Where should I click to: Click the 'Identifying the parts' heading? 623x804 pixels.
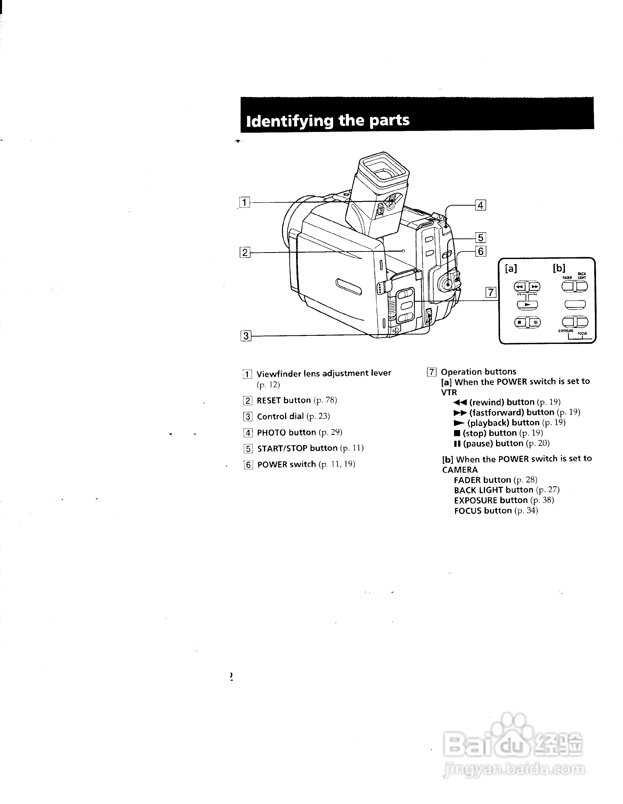tap(328, 120)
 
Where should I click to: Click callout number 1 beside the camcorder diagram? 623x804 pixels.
tap(244, 203)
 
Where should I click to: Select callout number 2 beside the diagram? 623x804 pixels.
tap(245, 253)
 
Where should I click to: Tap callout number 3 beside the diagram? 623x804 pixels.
tap(246, 336)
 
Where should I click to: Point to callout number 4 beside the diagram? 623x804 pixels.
tap(480, 205)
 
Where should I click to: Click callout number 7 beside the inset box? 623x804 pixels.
tap(491, 292)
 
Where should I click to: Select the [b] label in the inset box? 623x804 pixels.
tap(559, 268)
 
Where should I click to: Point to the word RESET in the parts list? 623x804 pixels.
tap(269, 400)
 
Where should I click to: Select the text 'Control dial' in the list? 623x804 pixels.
tap(280, 416)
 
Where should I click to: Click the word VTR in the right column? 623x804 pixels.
tap(449, 392)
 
